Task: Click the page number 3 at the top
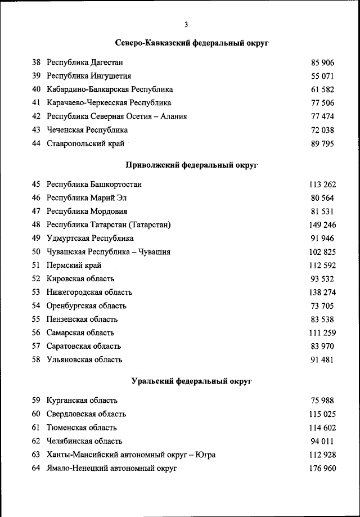[186, 24]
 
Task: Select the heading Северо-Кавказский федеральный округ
[191, 43]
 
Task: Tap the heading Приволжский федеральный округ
[191, 165]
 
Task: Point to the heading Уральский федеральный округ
[191, 381]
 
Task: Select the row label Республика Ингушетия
[89, 76]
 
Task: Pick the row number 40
[36, 89]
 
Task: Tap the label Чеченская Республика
[87, 130]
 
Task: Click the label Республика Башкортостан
[94, 184]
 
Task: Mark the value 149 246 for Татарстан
[322, 225]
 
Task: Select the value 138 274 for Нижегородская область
[322, 293]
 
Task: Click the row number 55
[36, 319]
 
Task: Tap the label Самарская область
[80, 332]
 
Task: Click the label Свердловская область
[86, 414]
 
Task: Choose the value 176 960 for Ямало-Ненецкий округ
[322, 468]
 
